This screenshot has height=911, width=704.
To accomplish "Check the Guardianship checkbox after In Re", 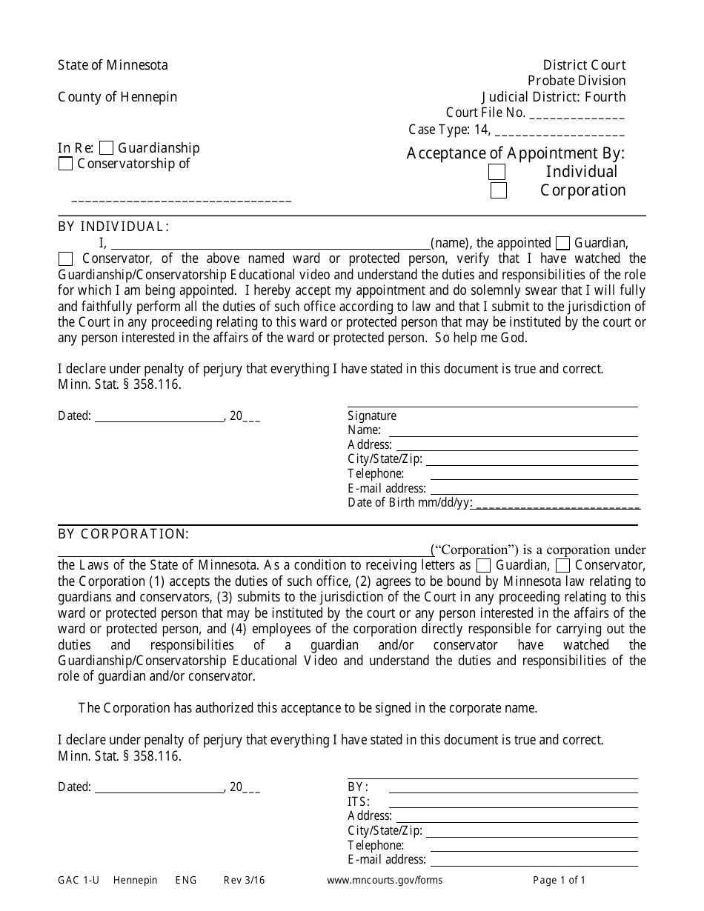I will pyautogui.click(x=106, y=148).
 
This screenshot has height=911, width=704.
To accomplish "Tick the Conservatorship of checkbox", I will pyautogui.click(x=65, y=164).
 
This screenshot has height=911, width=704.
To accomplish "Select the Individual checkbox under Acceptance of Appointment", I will pyautogui.click(x=497, y=172).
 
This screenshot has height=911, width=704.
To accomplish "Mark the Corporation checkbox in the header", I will pyautogui.click(x=499, y=190).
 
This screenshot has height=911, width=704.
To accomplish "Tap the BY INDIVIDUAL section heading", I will pyautogui.click(x=113, y=227).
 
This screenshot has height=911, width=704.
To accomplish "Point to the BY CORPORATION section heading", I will pyautogui.click(x=123, y=534).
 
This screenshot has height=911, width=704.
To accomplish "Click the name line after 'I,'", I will pyautogui.click(x=270, y=244).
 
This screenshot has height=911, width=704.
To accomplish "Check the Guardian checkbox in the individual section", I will pyautogui.click(x=562, y=244).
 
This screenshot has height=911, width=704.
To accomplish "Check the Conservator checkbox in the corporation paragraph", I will pyautogui.click(x=562, y=566).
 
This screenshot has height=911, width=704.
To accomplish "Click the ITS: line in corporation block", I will pyautogui.click(x=513, y=802).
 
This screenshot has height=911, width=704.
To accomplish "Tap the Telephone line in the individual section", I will pyautogui.click(x=534, y=475).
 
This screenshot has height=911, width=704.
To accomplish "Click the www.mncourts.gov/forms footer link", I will pyautogui.click(x=384, y=881).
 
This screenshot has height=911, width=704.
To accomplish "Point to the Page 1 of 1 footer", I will pyautogui.click(x=559, y=881).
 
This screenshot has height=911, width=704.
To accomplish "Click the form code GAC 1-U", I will pyautogui.click(x=79, y=881).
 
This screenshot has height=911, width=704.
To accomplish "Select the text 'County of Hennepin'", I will pyautogui.click(x=117, y=97).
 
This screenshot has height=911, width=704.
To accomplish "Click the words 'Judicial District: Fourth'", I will pyautogui.click(x=553, y=97).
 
